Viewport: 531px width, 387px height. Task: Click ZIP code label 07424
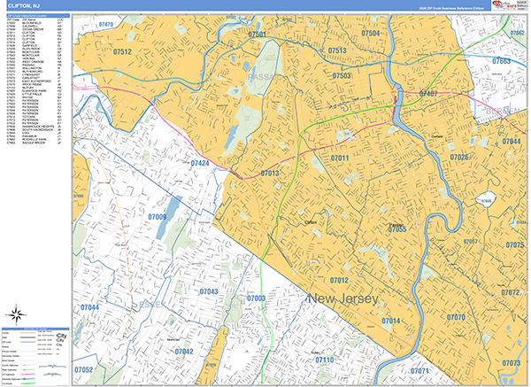[199, 164]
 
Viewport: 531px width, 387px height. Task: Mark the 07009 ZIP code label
[158, 216]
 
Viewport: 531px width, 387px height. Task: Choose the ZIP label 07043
[209, 290]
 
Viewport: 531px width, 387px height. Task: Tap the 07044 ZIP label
[89, 307]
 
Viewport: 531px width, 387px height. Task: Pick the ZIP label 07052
[84, 369]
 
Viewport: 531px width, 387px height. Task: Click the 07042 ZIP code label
[184, 352]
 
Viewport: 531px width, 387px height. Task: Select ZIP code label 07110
[325, 360]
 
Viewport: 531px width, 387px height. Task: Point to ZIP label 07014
[391, 321]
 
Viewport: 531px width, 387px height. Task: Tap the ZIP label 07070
[456, 317]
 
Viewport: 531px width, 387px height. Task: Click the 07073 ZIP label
[511, 363]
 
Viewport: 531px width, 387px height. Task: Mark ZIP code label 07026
[459, 158]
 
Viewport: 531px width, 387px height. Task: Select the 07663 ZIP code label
[501, 62]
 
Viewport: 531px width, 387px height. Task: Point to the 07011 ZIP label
[341, 158]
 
